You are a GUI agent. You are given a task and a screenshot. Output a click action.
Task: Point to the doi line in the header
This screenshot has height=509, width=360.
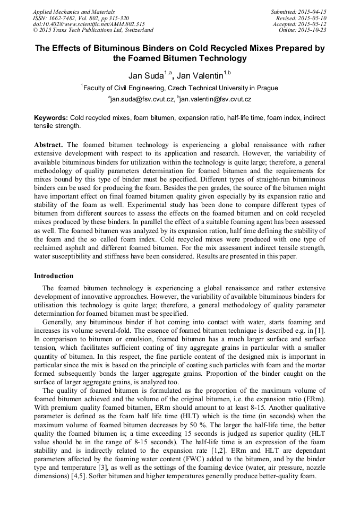point(89,24)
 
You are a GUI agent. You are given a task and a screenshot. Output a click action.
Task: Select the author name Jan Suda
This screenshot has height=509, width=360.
point(145,76)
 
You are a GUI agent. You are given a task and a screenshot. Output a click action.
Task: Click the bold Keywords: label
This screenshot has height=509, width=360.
point(51,118)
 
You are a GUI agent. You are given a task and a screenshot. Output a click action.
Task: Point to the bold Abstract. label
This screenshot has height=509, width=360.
point(49,144)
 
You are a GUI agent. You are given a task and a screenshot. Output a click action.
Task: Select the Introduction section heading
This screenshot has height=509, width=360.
point(54,276)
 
